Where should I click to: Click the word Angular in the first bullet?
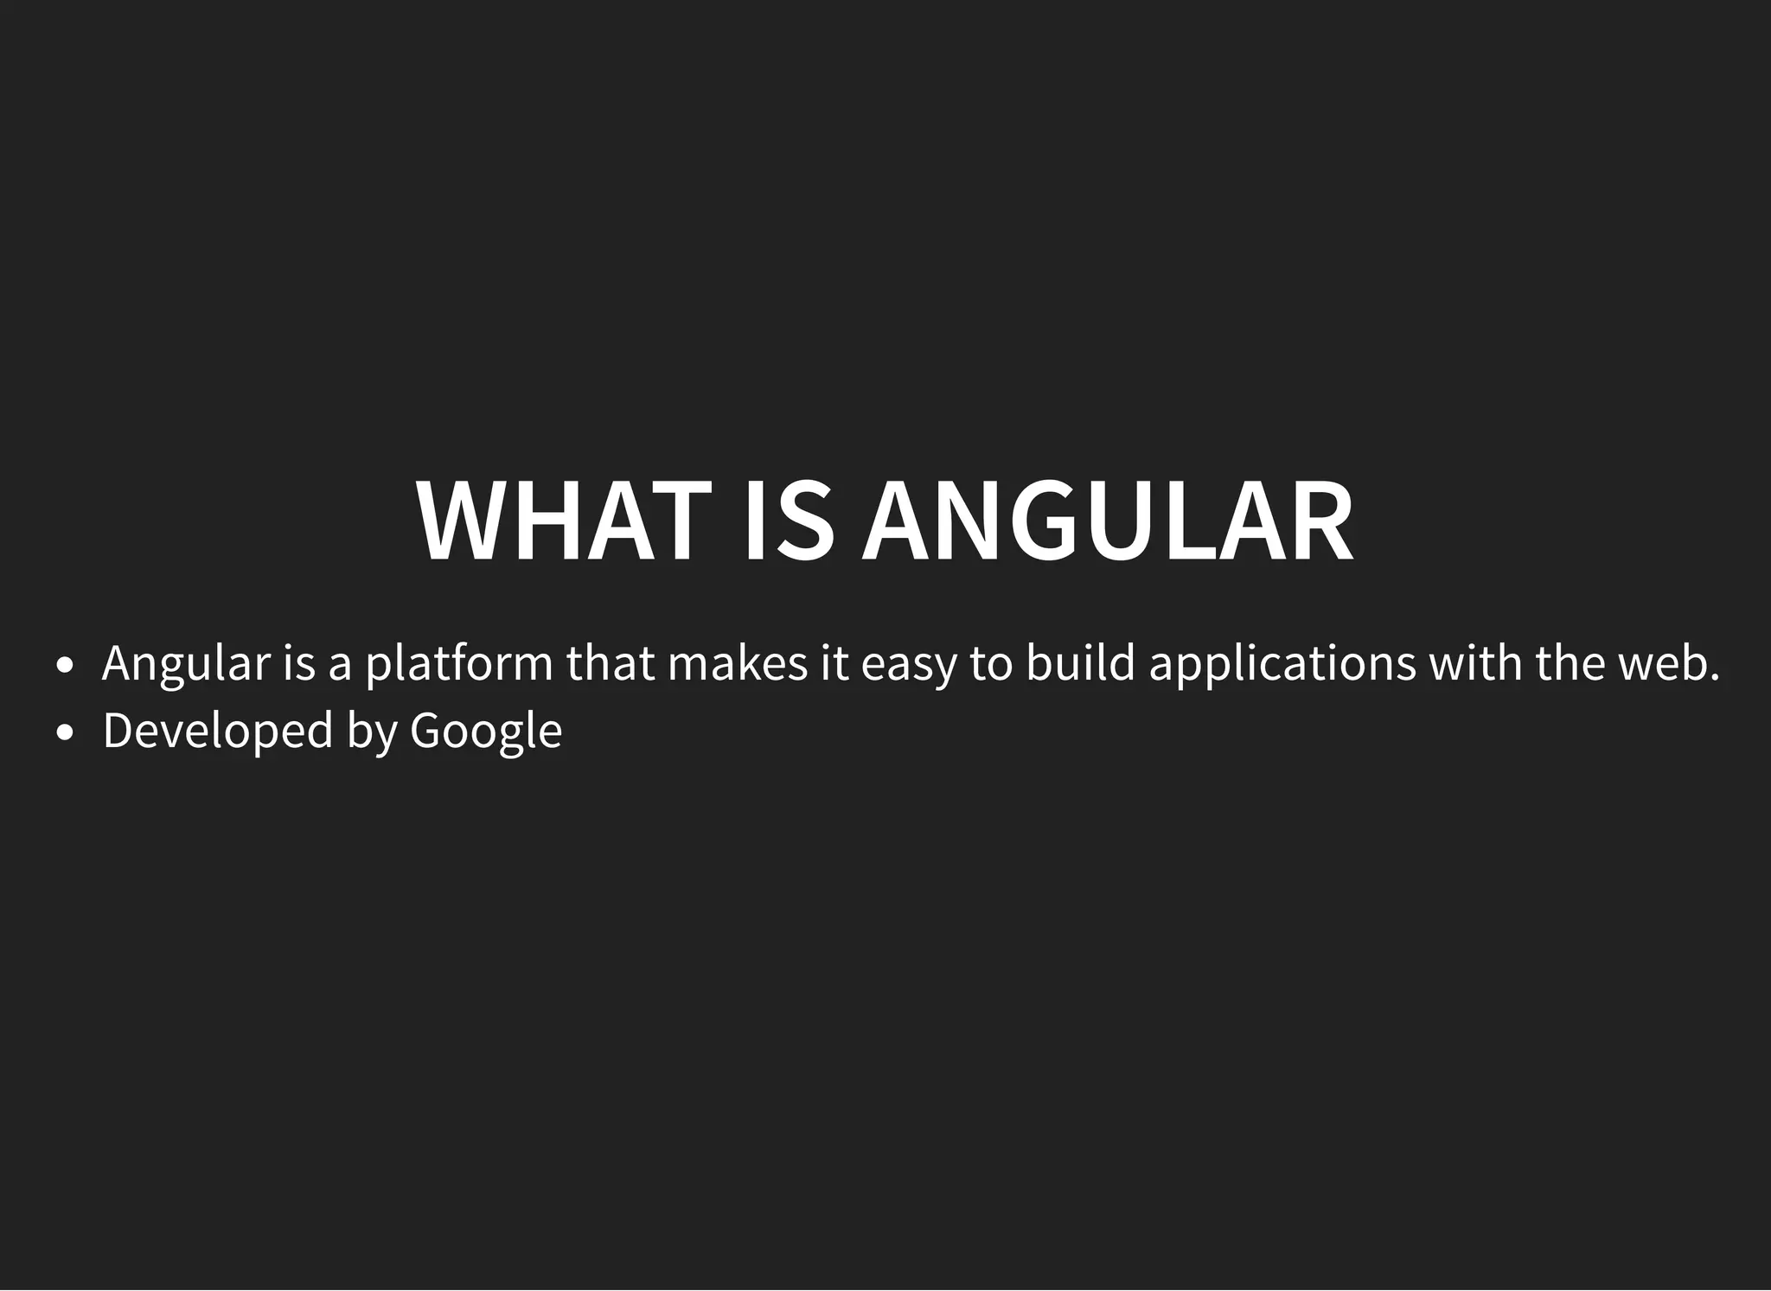click(186, 664)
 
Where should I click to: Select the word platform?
click(459, 664)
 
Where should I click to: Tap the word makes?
click(738, 662)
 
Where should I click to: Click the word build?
click(1080, 662)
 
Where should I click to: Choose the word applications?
click(1282, 664)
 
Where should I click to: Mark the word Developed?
click(218, 732)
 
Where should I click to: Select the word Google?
click(486, 732)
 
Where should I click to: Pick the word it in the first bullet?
click(835, 662)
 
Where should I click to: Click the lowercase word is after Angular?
click(299, 662)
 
